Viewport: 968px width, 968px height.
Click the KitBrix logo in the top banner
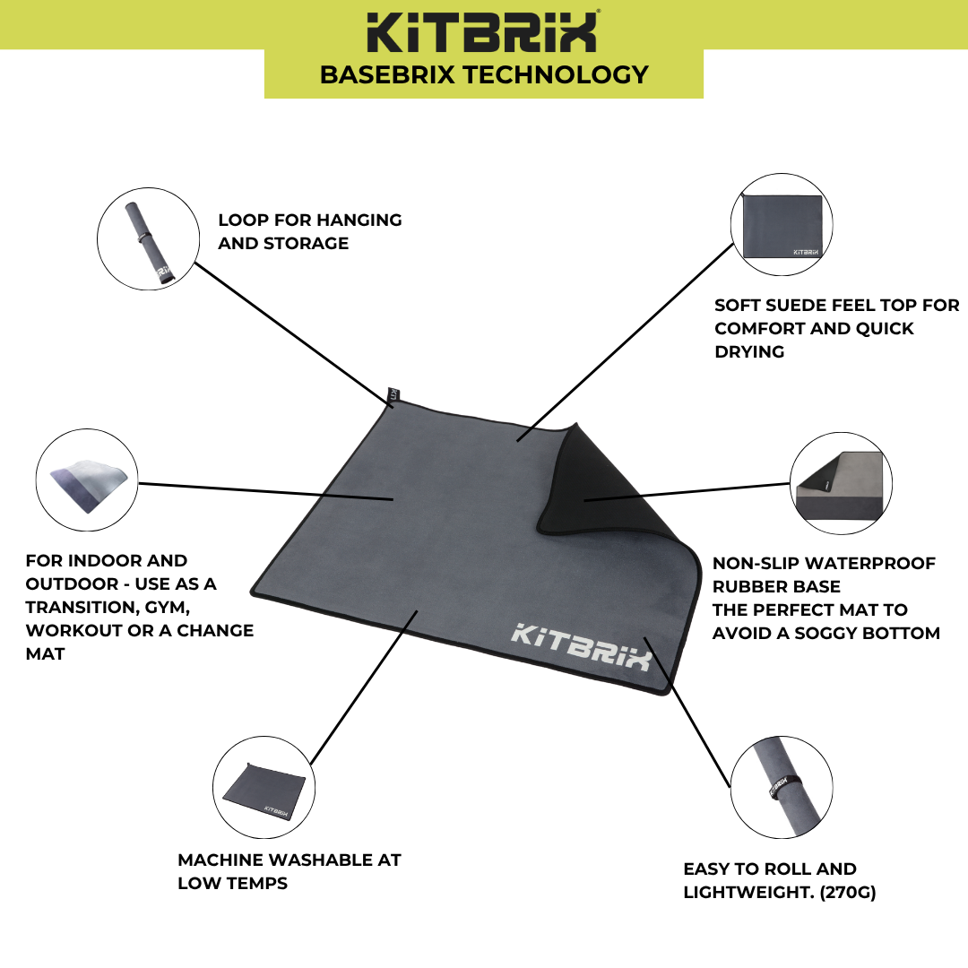483,32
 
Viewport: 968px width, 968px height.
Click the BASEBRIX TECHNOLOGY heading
484,74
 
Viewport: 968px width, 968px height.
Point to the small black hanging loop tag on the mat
391,396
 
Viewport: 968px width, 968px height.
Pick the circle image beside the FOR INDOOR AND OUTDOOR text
86,482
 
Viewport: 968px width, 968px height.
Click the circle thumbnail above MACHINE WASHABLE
266,788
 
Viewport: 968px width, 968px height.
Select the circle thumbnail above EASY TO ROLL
781,788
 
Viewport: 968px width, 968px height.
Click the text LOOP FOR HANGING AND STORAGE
310,231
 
